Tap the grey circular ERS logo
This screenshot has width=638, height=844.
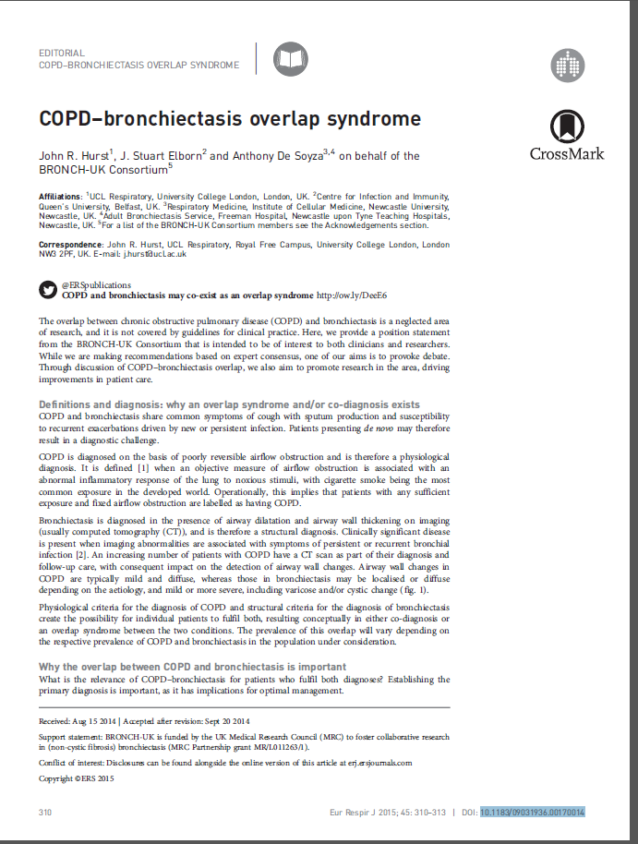click(x=568, y=65)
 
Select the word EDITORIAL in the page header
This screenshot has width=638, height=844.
click(x=62, y=54)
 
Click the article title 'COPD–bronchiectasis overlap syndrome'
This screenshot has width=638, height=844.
click(x=229, y=119)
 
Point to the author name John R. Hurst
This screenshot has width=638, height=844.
click(x=73, y=156)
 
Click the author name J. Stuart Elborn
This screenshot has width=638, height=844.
click(x=162, y=156)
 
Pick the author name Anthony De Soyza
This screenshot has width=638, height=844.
click(x=277, y=156)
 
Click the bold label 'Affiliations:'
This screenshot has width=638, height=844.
click(x=60, y=197)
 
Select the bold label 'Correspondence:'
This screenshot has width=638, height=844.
click(x=67, y=245)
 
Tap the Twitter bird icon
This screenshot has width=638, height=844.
click(x=47, y=290)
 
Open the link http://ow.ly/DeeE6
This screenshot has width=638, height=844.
click(x=352, y=295)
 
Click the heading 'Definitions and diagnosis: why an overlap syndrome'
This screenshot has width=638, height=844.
click(x=229, y=404)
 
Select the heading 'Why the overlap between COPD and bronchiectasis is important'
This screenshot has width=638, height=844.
click(x=192, y=667)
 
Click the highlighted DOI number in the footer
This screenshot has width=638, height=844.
click(x=533, y=812)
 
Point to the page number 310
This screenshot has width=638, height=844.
click(x=45, y=812)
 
